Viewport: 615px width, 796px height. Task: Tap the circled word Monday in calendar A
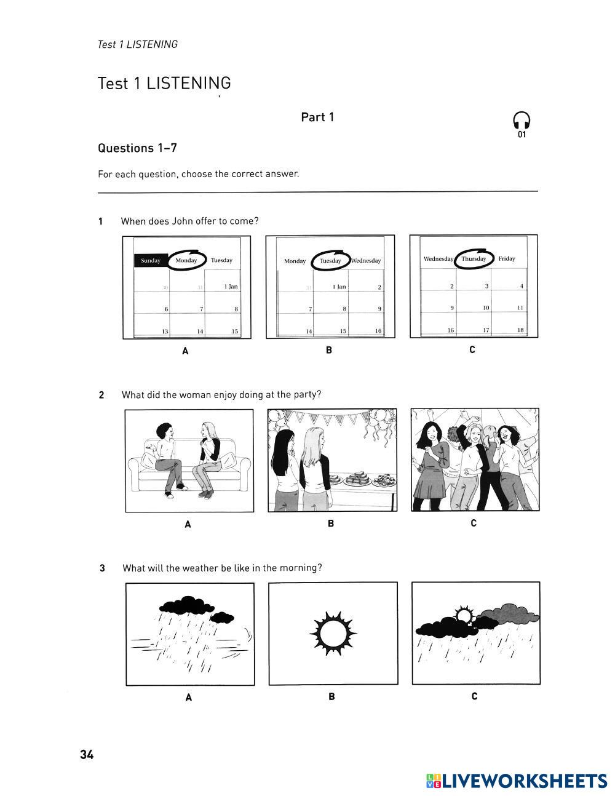[186, 260]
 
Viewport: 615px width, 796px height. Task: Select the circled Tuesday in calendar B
[330, 261]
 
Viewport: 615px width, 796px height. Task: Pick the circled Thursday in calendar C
[474, 258]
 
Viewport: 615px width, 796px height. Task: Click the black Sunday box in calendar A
[151, 260]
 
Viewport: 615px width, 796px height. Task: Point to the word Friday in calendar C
[507, 258]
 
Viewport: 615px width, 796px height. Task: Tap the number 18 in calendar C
[520, 330]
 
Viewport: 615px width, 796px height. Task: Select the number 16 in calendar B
[378, 331]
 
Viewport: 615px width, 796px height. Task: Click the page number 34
[87, 755]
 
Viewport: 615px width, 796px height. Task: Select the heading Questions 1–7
[137, 148]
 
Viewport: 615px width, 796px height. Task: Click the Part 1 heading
[317, 117]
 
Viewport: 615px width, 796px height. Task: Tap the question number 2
[101, 395]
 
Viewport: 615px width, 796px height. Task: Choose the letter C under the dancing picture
[474, 523]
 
